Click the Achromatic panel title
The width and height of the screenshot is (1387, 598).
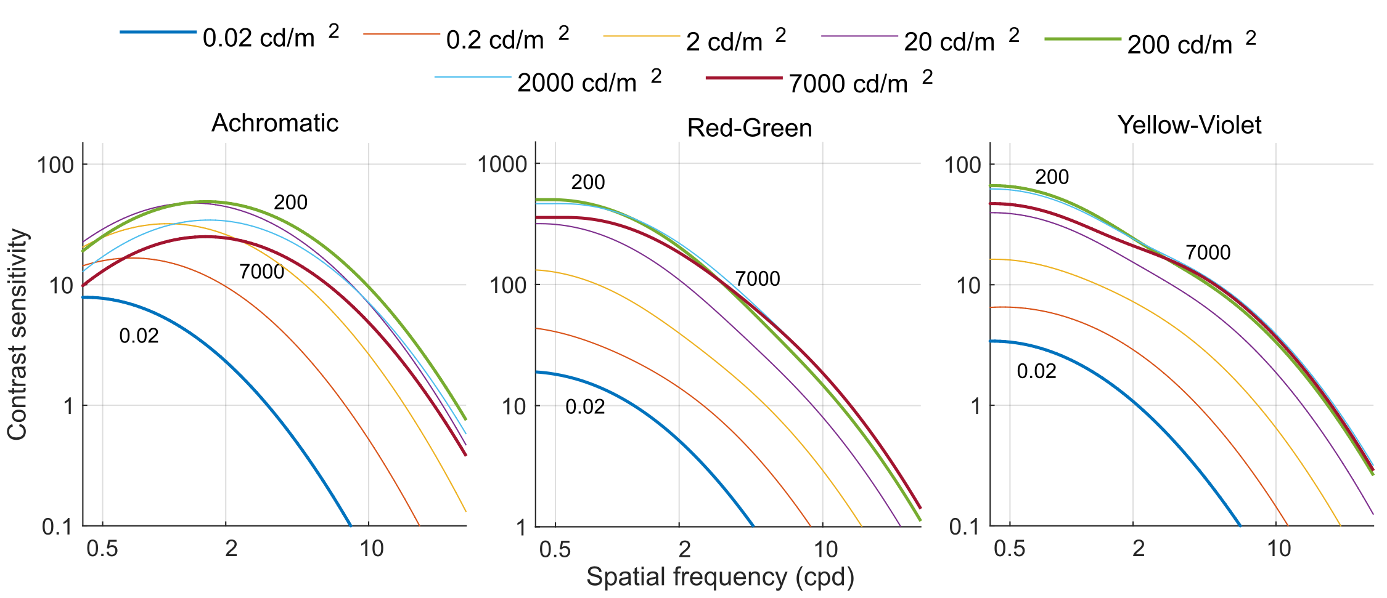[x=275, y=123]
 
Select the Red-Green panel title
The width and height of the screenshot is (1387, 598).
[x=749, y=128]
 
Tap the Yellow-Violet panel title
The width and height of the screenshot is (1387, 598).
[x=1189, y=125]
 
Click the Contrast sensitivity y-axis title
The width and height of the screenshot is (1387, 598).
[x=17, y=334]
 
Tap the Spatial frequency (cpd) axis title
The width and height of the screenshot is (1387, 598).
[x=720, y=577]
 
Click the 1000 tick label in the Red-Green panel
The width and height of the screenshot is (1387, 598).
[x=502, y=164]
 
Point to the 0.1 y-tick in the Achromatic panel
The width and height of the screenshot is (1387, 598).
[x=57, y=527]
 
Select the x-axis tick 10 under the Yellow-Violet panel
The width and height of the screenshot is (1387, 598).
[x=1279, y=548]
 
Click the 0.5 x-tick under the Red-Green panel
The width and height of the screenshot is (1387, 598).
[x=555, y=549]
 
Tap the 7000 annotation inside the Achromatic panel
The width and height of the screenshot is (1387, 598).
[x=261, y=272]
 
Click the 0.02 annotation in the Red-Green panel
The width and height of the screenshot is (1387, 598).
[x=585, y=406]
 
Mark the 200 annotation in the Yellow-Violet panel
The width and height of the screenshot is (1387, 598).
[x=1052, y=177]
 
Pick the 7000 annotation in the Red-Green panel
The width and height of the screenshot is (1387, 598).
[x=757, y=279]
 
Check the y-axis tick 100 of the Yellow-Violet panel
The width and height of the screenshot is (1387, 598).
[x=962, y=164]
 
